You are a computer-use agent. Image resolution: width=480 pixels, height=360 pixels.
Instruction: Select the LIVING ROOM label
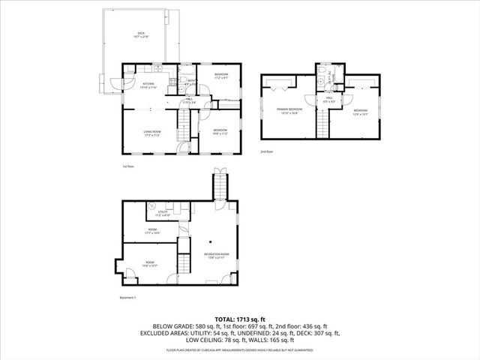pos(153,133)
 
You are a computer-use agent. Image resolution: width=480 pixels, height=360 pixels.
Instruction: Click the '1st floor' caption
pos(128,166)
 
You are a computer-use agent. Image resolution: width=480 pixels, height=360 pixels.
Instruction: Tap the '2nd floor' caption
pos(266,151)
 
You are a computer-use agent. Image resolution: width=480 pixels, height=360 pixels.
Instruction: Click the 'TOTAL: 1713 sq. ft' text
pos(239,319)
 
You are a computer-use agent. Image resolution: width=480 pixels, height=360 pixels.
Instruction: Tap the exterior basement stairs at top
pos(220,184)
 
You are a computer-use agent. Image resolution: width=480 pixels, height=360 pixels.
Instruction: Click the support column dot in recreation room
pos(212,241)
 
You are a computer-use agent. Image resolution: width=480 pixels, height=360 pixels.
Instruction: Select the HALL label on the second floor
pos(329,99)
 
